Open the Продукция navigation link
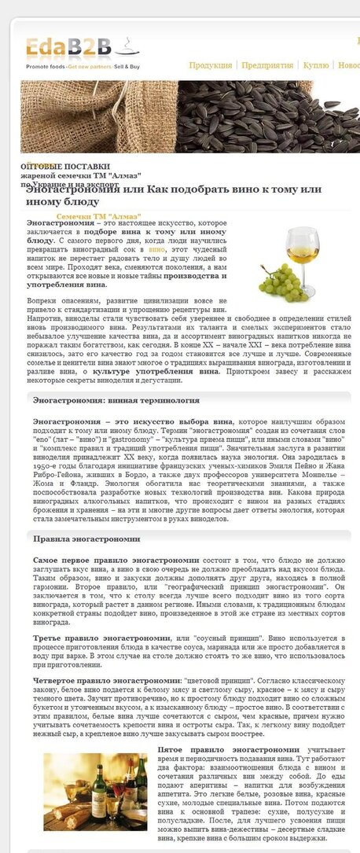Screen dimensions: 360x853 [210, 66]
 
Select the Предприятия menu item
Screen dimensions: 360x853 [267, 66]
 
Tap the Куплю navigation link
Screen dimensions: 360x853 [316, 66]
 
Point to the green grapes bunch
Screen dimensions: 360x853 [279, 282]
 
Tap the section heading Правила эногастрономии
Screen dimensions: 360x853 [86, 539]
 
